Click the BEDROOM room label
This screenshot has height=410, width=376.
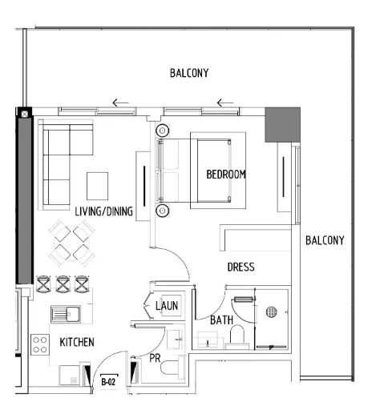(x=225, y=174)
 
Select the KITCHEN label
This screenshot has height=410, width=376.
(x=77, y=342)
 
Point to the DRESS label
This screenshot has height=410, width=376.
(x=241, y=267)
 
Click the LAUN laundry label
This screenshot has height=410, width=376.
(x=167, y=305)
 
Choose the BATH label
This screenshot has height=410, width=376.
(x=221, y=320)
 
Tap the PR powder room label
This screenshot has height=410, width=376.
(x=156, y=358)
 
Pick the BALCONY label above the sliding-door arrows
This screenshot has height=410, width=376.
(x=189, y=73)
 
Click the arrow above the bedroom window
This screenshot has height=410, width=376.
(x=225, y=102)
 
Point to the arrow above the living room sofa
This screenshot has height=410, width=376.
(x=120, y=102)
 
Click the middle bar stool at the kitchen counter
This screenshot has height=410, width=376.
(x=63, y=283)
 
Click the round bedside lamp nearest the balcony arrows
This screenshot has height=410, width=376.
(x=163, y=130)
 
